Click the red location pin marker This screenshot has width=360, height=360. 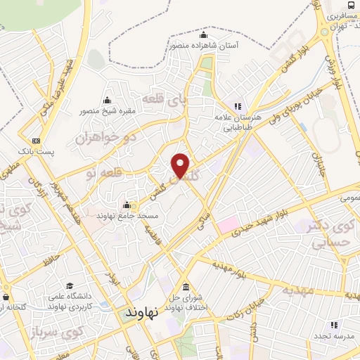(181, 166)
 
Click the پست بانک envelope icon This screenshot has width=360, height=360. (37, 141)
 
